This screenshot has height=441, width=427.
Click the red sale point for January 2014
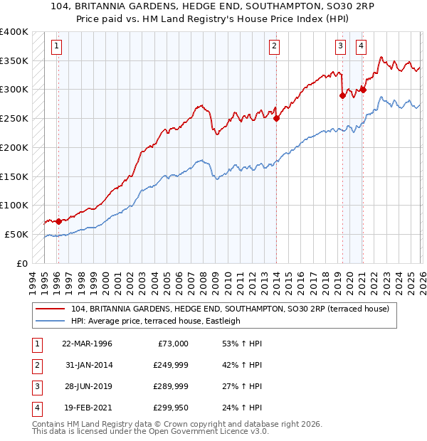(x=276, y=119)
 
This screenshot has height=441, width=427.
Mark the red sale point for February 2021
(x=363, y=90)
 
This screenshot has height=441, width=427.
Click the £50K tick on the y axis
(x=16, y=234)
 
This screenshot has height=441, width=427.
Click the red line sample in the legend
(x=50, y=309)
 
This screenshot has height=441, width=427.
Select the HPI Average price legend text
(x=156, y=321)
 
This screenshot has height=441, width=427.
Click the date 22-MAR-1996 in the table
(x=87, y=344)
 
